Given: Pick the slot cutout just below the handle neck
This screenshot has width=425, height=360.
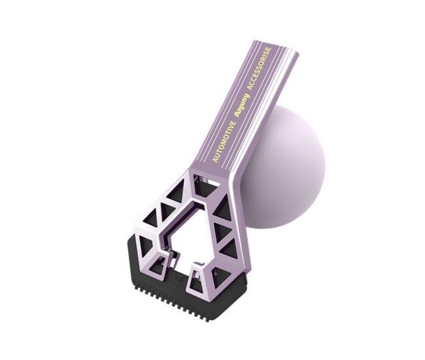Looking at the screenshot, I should (209, 177).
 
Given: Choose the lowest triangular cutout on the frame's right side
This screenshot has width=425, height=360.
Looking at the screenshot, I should (228, 249).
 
